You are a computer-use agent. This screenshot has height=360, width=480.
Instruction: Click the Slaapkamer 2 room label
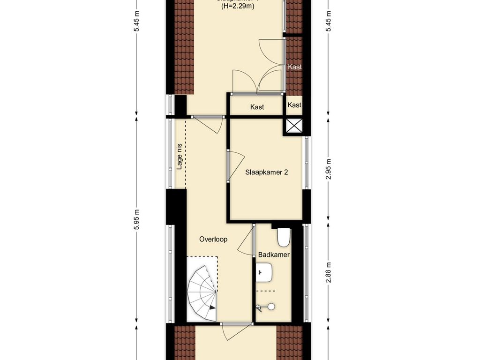click(266, 172)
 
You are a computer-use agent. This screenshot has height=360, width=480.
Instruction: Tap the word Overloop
click(213, 239)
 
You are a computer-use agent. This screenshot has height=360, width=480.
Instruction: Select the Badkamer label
click(274, 255)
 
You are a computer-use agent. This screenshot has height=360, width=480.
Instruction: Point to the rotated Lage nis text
click(179, 157)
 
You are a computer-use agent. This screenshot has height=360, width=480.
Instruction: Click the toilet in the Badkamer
click(283, 237)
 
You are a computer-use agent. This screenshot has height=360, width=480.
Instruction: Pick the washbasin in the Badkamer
click(265, 272)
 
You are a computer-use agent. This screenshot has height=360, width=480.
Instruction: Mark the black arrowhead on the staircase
click(213, 307)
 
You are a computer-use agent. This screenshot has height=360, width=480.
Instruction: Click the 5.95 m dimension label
click(136, 219)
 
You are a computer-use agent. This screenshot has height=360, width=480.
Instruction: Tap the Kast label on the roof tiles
click(294, 67)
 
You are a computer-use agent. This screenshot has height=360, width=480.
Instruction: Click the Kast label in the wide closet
click(257, 107)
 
